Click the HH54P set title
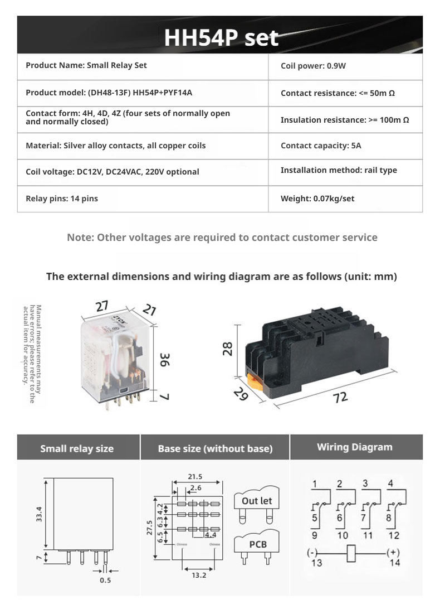tap(221, 38)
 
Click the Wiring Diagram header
tap(355, 447)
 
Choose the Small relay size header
tap(77, 449)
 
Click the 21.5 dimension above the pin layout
tap(195, 477)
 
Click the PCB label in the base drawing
tap(257, 544)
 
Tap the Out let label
tap(257, 501)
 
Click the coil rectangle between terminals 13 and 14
tap(351, 553)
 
